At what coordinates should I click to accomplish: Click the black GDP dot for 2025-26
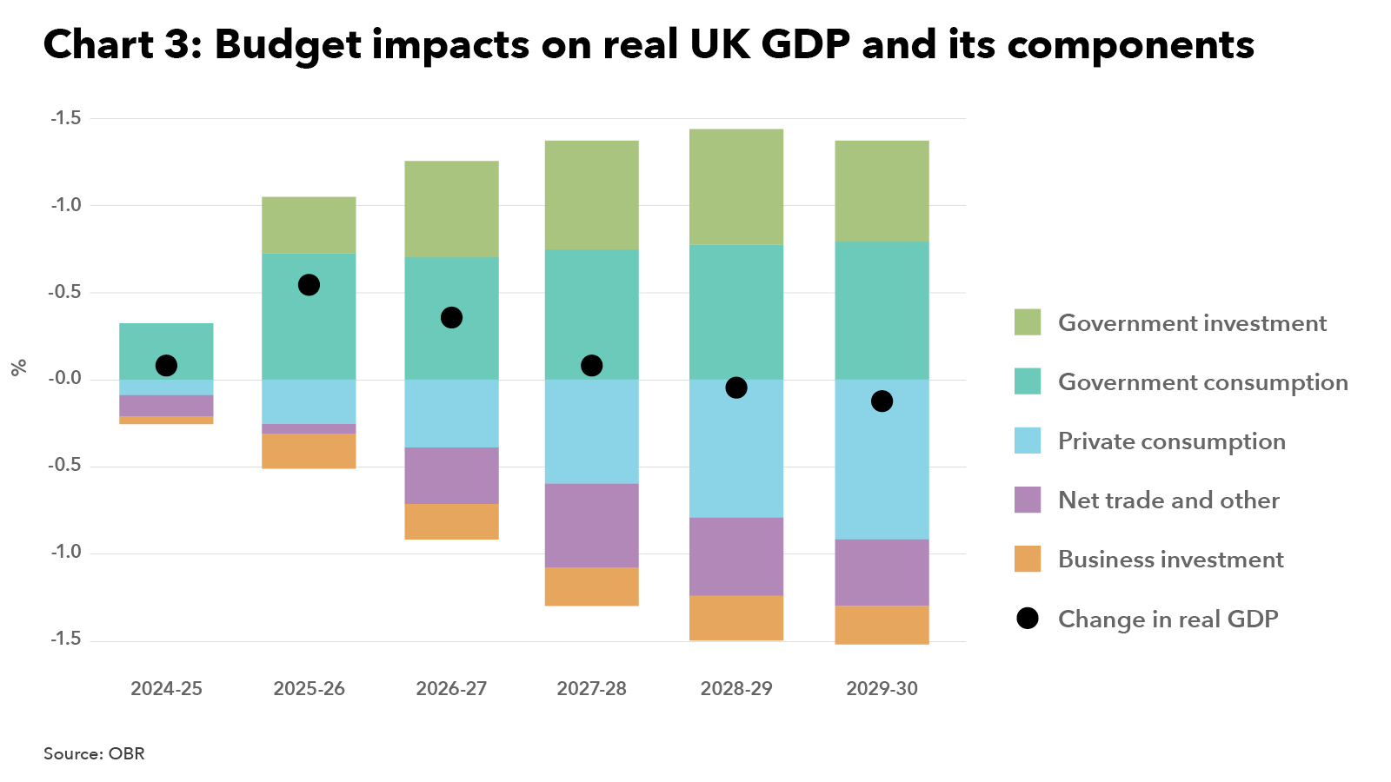pos(309,285)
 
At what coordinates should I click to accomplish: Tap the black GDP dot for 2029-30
pos(882,401)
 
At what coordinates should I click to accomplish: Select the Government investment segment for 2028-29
pos(736,187)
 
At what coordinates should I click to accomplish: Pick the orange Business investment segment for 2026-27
pos(451,521)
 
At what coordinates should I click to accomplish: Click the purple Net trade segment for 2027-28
pos(591,526)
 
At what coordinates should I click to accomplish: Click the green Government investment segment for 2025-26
pos(309,225)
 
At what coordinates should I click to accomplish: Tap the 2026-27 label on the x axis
pos(451,689)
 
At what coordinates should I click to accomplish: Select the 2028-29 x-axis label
pos(736,689)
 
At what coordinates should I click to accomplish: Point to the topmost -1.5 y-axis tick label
pos(65,118)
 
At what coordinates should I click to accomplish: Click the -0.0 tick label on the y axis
pos(65,379)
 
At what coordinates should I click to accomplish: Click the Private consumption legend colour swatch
pos(1028,441)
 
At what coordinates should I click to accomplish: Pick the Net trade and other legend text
pos(1168,500)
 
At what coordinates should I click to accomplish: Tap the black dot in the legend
pos(1028,619)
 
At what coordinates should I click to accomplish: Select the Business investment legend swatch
pos(1028,559)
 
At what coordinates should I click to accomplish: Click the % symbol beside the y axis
pos(19,368)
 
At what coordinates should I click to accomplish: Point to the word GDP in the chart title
pos(805,44)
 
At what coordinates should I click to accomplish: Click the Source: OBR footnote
pos(94,754)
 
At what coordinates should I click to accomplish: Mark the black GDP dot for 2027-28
pos(591,366)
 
